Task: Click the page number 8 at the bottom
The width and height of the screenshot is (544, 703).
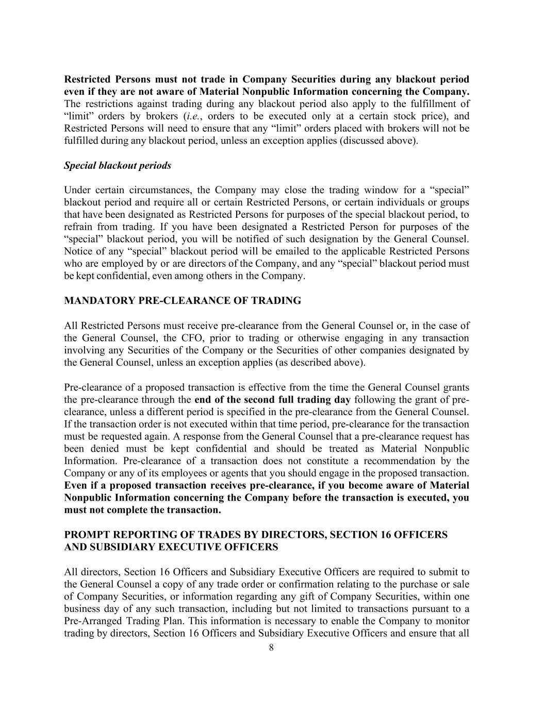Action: tap(271, 647)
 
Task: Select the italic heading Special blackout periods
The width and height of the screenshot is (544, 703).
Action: tap(118, 165)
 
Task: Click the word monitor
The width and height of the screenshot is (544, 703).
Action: tap(453, 621)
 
